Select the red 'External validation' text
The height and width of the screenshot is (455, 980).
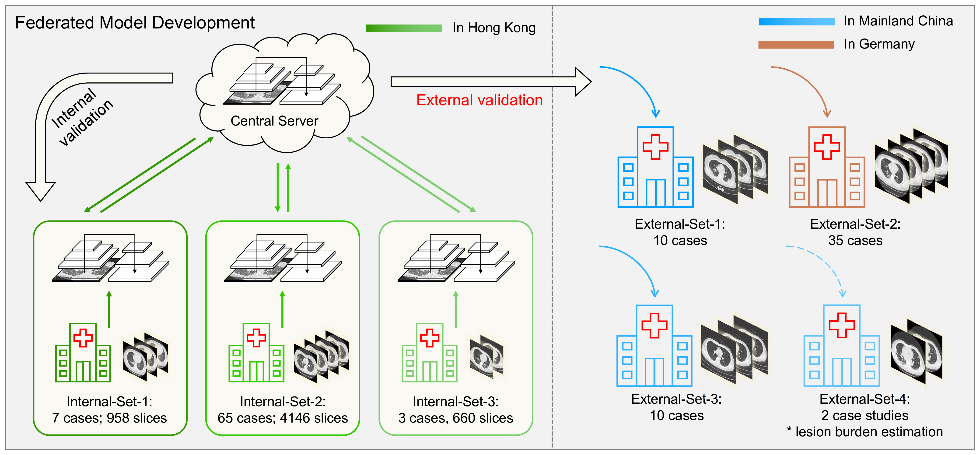click(479, 100)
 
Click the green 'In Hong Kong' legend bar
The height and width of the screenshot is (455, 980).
click(404, 28)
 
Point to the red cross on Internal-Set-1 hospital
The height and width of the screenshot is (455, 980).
click(83, 337)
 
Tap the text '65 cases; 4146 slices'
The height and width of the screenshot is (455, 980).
click(282, 418)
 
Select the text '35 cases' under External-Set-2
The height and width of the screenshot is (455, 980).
click(855, 240)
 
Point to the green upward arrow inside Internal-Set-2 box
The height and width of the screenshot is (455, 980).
click(282, 309)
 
